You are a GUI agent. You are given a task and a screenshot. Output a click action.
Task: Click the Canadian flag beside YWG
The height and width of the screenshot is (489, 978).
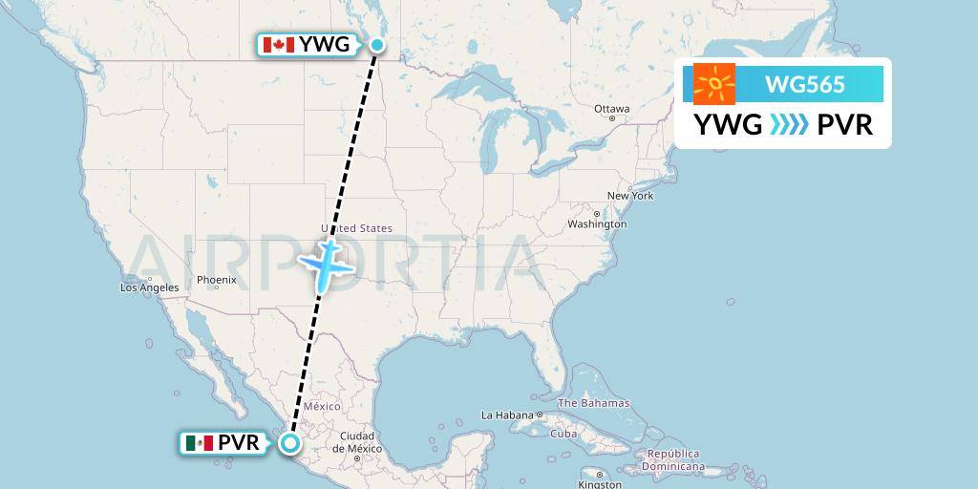tap(278, 45)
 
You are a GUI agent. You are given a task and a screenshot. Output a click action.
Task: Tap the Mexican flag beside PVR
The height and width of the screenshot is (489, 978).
tap(200, 443)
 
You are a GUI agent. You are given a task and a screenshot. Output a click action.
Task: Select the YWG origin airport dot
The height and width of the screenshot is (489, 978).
tap(378, 44)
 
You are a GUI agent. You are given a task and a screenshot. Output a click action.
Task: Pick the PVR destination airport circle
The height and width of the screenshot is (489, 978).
tap(289, 442)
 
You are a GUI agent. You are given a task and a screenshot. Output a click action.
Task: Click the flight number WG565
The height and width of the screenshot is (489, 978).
tap(804, 84)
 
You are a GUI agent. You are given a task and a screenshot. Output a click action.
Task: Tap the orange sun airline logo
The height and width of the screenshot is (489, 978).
tap(714, 84)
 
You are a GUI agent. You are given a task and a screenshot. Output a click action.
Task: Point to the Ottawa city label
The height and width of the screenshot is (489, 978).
tap(611, 109)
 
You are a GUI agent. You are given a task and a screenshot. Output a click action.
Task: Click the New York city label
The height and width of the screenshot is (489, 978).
tap(629, 196)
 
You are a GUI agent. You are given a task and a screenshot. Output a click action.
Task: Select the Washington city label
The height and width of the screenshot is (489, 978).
tap(598, 224)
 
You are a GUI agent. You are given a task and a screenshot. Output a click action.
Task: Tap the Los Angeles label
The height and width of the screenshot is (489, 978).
tap(149, 287)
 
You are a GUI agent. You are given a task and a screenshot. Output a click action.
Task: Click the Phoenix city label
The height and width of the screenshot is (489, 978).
tap(216, 280)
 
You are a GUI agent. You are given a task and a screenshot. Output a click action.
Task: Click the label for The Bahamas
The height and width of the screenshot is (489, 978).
tap(593, 403)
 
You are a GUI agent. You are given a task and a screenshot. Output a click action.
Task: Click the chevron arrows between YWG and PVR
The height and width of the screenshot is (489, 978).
tap(789, 124)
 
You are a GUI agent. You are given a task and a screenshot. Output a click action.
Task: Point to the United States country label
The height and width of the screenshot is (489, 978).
tap(357, 229)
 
